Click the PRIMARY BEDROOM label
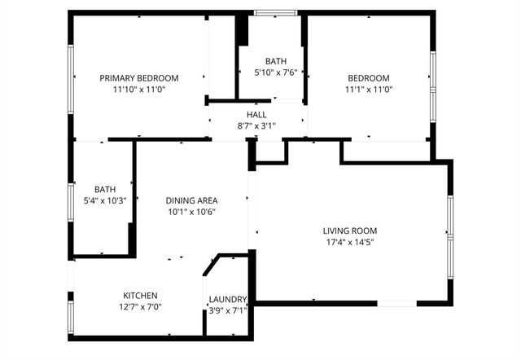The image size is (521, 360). pyautogui.click(x=138, y=78)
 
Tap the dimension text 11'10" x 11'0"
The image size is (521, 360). pyautogui.click(x=138, y=90)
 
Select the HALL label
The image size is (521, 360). pyautogui.click(x=256, y=115)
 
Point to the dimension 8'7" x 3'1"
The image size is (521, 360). pyautogui.click(x=256, y=126)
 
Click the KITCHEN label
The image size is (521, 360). pyautogui.click(x=140, y=295)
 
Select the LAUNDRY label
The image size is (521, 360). pyautogui.click(x=227, y=299)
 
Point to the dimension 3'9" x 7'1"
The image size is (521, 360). pyautogui.click(x=227, y=310)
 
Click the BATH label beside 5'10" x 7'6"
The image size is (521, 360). pyautogui.click(x=276, y=61)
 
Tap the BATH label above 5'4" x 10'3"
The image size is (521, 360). pyautogui.click(x=105, y=189)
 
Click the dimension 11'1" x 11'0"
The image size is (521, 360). pyautogui.click(x=369, y=90)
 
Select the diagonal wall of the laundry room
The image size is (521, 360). pyautogui.click(x=212, y=266)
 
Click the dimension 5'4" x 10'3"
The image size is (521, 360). pyautogui.click(x=105, y=200)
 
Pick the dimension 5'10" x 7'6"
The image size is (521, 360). pyautogui.click(x=276, y=72)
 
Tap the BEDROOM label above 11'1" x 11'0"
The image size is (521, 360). pyautogui.click(x=369, y=78)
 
